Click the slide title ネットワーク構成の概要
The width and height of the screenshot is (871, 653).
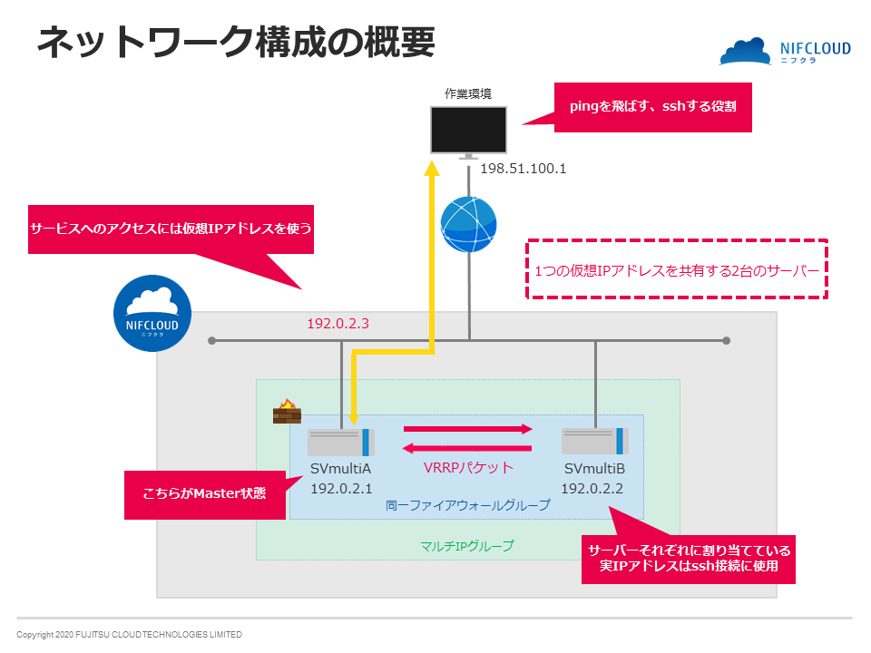[235, 43]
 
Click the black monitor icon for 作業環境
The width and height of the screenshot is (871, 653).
[468, 131]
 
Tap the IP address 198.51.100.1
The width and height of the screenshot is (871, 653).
[524, 169]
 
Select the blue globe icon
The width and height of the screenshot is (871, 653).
[468, 224]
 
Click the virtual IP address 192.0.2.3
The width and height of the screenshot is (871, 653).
[338, 324]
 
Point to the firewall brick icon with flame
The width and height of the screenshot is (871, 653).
[287, 413]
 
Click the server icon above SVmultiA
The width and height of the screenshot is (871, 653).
[340, 443]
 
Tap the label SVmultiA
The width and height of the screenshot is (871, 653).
[342, 469]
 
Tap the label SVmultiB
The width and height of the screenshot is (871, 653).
[595, 469]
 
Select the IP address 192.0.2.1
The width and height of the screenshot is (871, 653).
[342, 489]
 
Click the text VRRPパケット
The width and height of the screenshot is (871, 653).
[468, 468]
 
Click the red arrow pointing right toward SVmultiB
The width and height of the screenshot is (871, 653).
[468, 430]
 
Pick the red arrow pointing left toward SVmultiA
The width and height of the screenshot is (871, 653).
[468, 447]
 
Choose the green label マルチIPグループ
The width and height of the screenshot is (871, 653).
[467, 546]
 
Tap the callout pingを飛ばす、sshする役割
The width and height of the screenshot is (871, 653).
[653, 107]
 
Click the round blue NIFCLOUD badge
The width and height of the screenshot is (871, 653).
[152, 313]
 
